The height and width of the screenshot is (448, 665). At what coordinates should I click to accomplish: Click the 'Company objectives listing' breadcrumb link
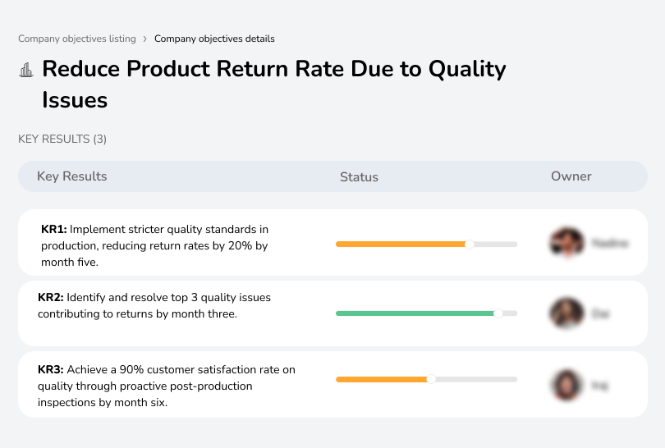[x=77, y=39]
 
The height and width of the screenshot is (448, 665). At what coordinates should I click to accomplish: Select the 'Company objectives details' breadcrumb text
[x=214, y=39]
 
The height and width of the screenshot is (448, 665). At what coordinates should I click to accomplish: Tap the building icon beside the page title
[x=26, y=70]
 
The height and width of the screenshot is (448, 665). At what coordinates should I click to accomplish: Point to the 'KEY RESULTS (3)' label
[x=62, y=139]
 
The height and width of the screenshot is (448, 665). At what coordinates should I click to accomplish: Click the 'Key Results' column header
[x=72, y=176]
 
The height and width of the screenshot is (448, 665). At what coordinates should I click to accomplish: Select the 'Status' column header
[x=359, y=176]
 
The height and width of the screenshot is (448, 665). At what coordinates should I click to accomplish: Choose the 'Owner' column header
[x=571, y=176]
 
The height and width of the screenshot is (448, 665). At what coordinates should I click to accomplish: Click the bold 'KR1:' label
[x=54, y=230]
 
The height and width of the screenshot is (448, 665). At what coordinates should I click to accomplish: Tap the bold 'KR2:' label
[x=51, y=298]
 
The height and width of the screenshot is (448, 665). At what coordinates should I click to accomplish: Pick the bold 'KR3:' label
[x=51, y=370]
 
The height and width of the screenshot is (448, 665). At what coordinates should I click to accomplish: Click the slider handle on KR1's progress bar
[x=470, y=244]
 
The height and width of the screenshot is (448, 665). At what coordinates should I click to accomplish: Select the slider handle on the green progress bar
[x=498, y=313]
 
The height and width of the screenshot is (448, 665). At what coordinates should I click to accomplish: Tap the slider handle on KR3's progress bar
[x=431, y=379]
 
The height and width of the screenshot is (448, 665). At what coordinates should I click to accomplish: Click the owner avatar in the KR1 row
[x=566, y=243]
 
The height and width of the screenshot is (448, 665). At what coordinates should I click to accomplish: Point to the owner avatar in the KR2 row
[x=566, y=313]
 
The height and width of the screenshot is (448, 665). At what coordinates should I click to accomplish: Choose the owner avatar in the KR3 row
[x=566, y=384]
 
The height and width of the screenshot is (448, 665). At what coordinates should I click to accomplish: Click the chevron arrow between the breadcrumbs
[x=145, y=39]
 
